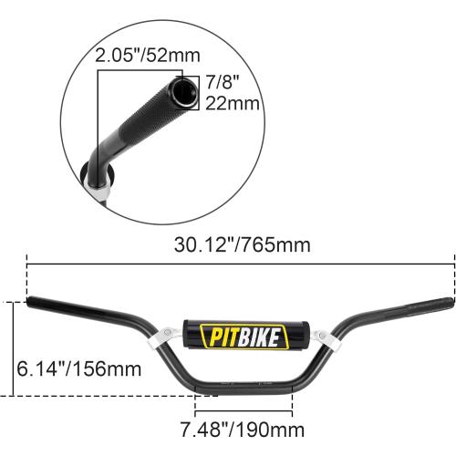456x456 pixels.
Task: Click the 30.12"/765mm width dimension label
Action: click(241, 244)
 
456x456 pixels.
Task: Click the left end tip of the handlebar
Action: click(31, 301)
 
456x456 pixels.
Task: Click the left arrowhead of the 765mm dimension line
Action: click(31, 264)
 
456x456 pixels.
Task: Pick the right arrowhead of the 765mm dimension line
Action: click(451, 264)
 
